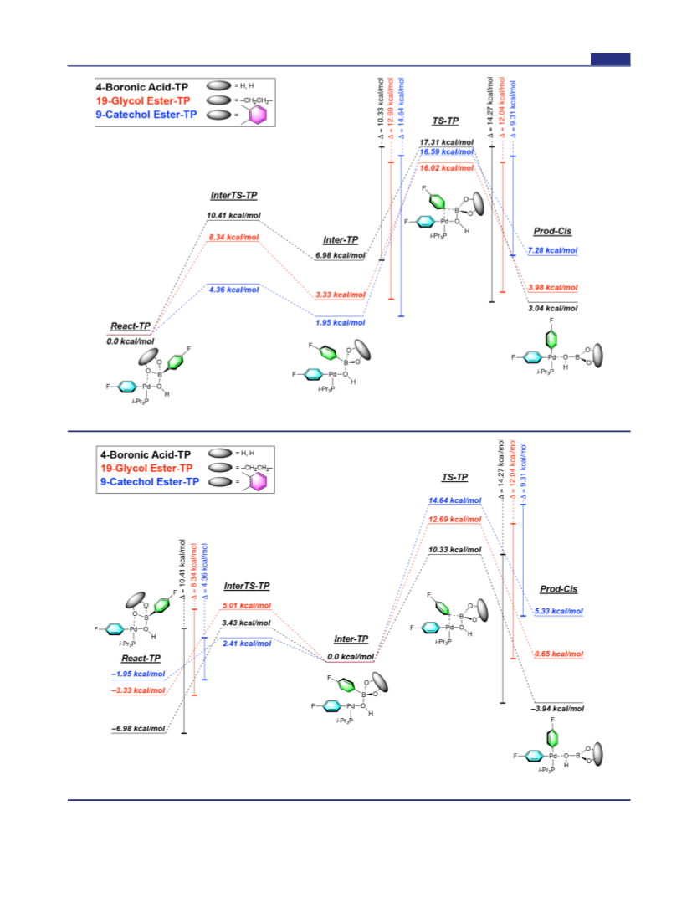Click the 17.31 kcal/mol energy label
tap(446, 142)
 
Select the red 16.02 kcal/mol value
tap(447, 167)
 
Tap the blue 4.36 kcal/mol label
tap(234, 290)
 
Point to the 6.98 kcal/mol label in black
tap(340, 255)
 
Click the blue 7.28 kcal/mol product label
tap(552, 250)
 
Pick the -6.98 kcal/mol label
tap(139, 728)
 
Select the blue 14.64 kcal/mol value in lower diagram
tap(455, 500)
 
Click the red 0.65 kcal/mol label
tap(559, 654)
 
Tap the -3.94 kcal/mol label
tap(557, 709)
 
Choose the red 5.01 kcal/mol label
tap(247, 606)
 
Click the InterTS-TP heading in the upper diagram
tap(233, 196)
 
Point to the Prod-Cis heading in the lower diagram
tap(558, 589)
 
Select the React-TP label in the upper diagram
tap(131, 326)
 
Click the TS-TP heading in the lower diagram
tap(454, 477)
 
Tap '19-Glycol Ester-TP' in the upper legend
tap(143, 100)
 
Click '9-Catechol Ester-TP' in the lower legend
tap(150, 481)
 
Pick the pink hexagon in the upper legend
tap(258, 115)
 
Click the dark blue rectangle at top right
tap(610, 59)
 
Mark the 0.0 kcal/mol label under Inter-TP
tap(351, 657)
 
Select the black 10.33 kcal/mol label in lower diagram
tap(455, 550)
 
